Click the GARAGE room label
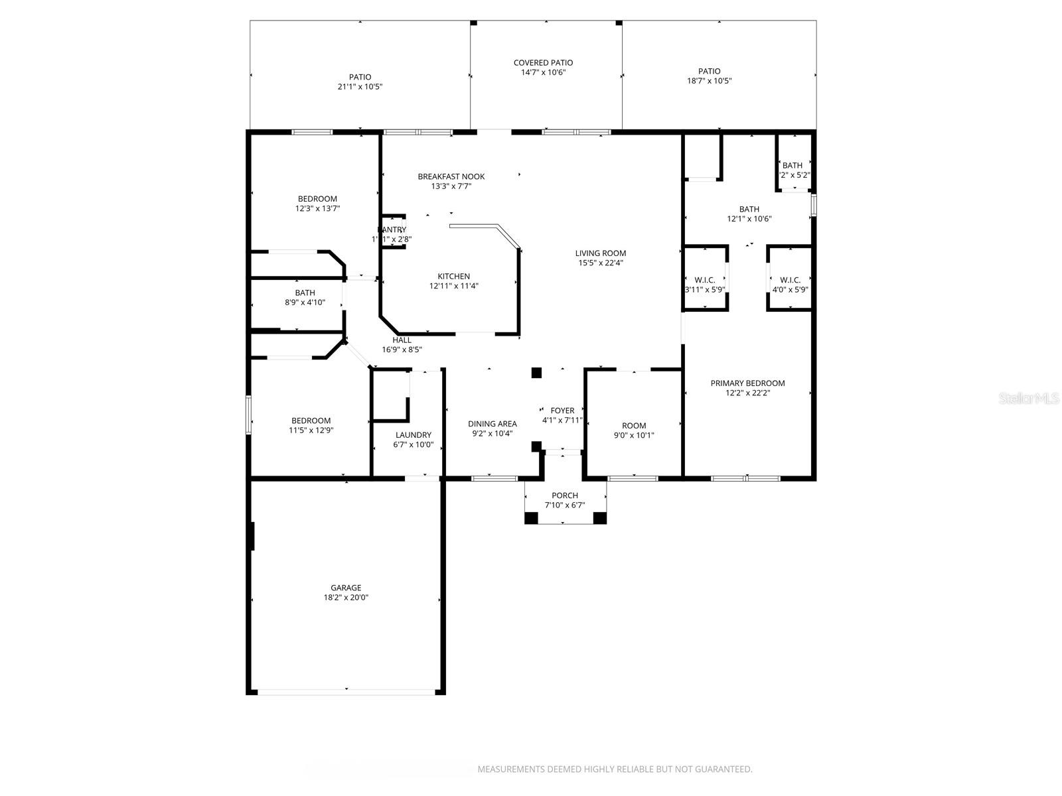tap(346, 588)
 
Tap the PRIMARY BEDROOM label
tap(747, 383)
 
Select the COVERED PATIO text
tap(543, 63)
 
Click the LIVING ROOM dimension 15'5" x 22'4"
tap(600, 263)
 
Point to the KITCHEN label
tap(453, 277)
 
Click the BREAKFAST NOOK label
tap(451, 176)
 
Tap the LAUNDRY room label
tap(413, 435)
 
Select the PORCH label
tap(565, 496)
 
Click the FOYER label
tap(562, 411)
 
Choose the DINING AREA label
tap(492, 424)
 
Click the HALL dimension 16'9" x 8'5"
tap(402, 350)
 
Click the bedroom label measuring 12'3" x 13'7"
tap(317, 199)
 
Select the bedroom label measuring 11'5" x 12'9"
tap(311, 421)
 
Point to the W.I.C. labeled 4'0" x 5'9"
tap(790, 280)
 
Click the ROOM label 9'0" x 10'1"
tap(633, 426)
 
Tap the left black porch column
tap(531, 518)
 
